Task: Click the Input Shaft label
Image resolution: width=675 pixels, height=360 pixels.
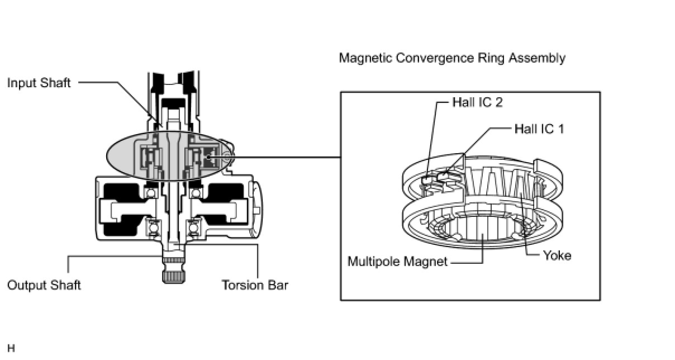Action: (x=39, y=83)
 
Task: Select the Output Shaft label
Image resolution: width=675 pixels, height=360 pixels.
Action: (x=44, y=285)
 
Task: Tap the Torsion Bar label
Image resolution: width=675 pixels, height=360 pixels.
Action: (x=255, y=285)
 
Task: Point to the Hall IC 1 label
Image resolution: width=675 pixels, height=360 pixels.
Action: (x=539, y=129)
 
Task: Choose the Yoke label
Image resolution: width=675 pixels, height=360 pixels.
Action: (x=557, y=255)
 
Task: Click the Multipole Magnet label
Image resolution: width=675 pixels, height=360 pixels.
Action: (x=397, y=261)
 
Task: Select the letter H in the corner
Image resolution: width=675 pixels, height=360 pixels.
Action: (x=11, y=348)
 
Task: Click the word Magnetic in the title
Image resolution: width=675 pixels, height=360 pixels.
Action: (x=365, y=58)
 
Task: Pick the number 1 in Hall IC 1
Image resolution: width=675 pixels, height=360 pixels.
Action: (x=560, y=129)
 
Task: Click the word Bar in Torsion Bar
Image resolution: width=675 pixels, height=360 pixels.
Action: (x=278, y=285)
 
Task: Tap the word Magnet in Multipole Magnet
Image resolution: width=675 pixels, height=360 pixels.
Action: (x=429, y=261)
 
